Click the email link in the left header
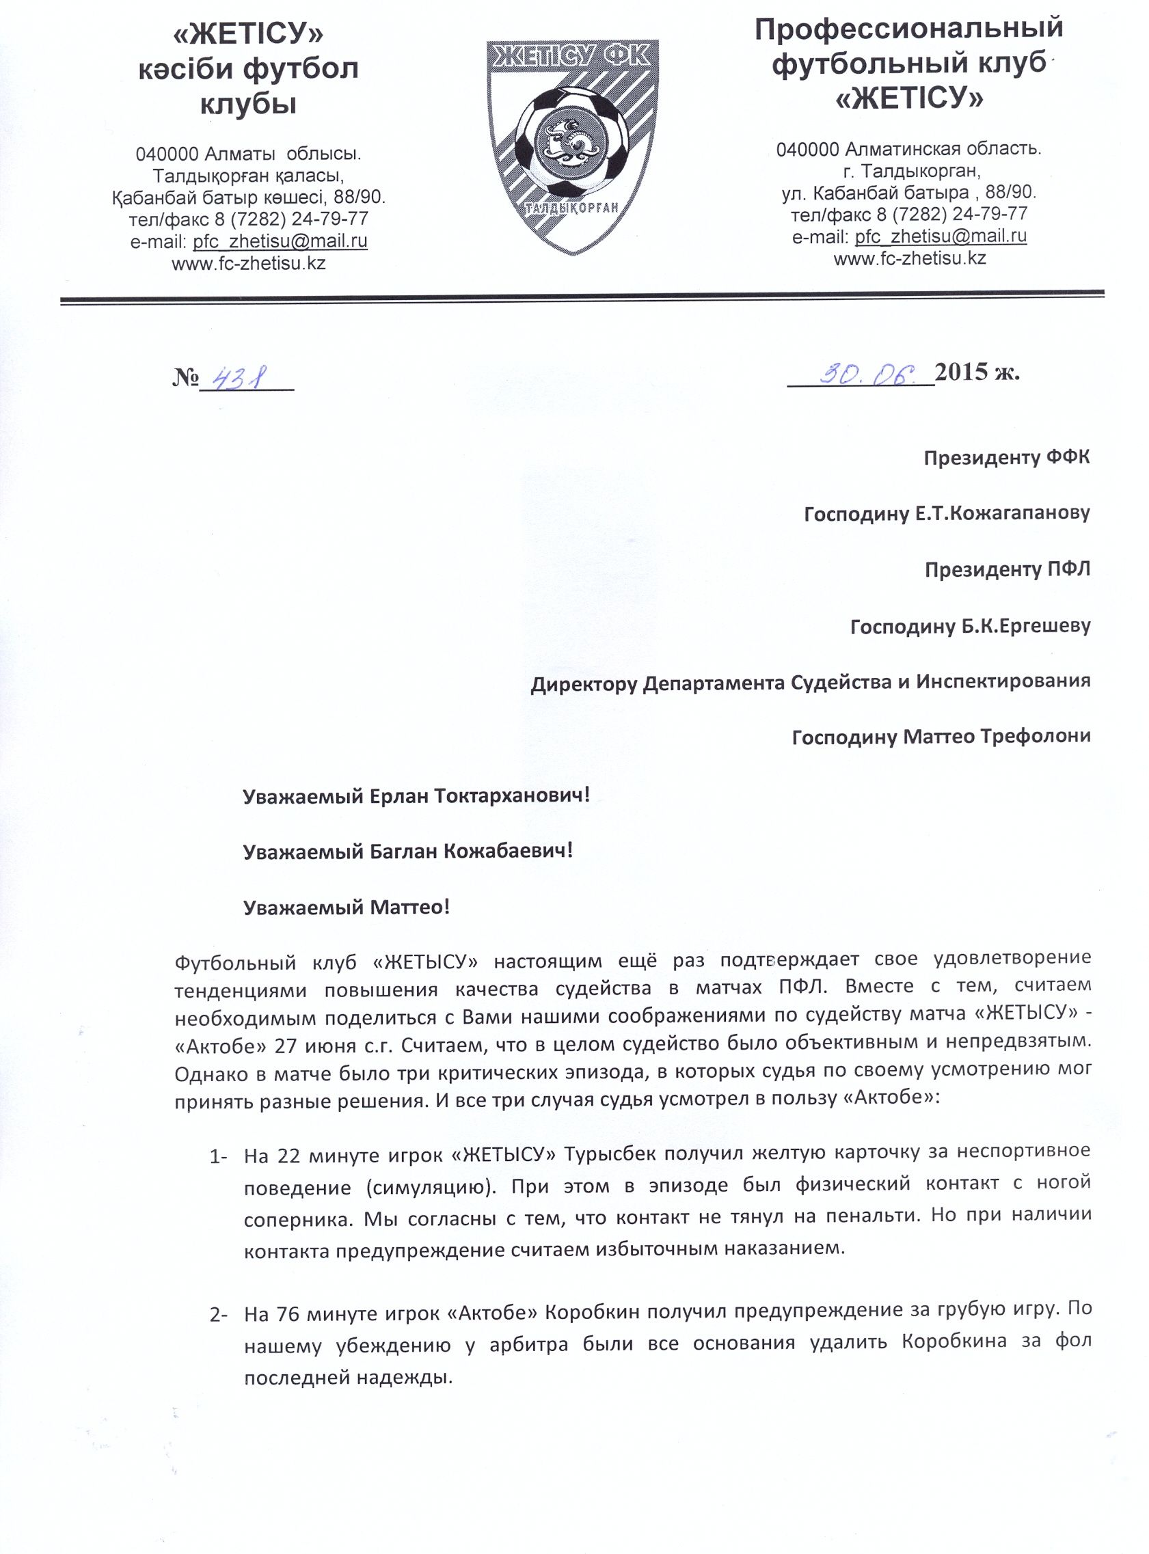(x=280, y=241)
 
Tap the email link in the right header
(x=941, y=236)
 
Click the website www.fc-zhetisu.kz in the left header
(x=248, y=264)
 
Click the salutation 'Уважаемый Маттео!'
(x=346, y=907)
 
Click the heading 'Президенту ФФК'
(x=1005, y=457)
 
